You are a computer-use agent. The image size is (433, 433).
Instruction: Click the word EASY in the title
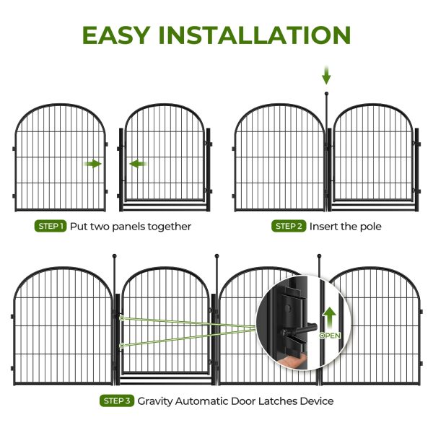(116, 35)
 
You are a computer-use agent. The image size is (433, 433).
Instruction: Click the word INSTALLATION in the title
(255, 35)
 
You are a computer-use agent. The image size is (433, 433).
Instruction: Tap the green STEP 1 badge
(51, 226)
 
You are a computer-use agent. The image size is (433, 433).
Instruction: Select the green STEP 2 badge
(289, 226)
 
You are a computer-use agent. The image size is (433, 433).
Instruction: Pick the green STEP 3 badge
(117, 401)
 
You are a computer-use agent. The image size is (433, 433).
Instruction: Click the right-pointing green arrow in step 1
(92, 164)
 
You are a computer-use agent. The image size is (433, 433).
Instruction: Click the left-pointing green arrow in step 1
(138, 164)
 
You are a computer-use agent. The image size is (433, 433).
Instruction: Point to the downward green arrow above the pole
(326, 75)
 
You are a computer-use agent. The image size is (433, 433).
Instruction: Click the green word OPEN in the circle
(330, 336)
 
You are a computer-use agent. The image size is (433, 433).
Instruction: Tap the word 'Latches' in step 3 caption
(278, 401)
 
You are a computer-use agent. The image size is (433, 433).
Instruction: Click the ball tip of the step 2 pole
(327, 94)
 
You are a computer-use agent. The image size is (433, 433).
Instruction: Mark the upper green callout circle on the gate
(122, 318)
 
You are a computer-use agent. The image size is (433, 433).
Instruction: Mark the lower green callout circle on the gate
(122, 346)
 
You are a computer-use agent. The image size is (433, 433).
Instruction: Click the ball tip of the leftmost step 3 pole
(115, 256)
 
